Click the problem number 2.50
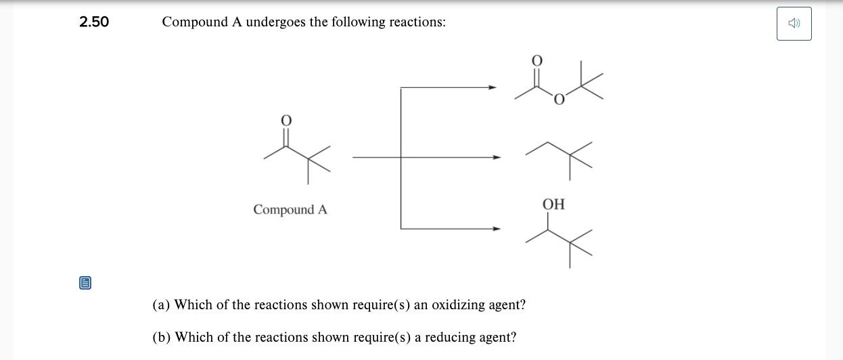pos(94,22)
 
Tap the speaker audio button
pos(794,24)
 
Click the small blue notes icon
pos(85,283)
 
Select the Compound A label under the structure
pos(290,210)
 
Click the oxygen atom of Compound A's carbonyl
pos(286,120)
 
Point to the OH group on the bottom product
pos(553,204)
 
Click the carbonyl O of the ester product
pos(537,61)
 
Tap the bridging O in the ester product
pos(559,101)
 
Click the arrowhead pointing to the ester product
pos(493,87)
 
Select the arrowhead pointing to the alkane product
pos(497,158)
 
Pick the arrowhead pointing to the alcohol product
pos(497,229)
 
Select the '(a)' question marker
pos(161,305)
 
